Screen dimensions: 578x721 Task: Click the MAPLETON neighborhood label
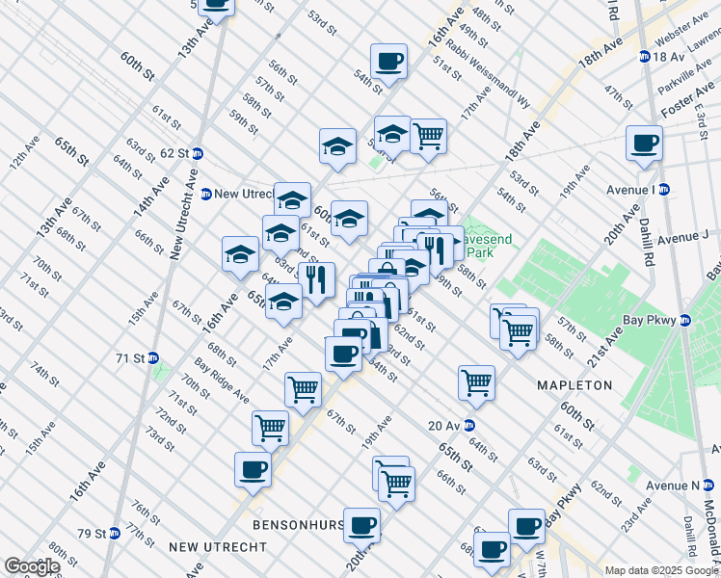(x=574, y=384)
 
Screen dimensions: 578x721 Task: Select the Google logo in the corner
(x=32, y=566)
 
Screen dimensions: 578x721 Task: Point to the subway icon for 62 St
(x=198, y=153)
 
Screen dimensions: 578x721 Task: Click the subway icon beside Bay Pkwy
(x=685, y=321)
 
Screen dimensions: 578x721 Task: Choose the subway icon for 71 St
(x=153, y=357)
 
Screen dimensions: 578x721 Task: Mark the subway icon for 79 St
(x=114, y=533)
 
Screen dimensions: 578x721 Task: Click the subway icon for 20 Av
(x=468, y=425)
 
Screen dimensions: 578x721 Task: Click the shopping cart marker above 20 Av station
(x=476, y=381)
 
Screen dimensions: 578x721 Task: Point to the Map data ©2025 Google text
(x=661, y=570)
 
